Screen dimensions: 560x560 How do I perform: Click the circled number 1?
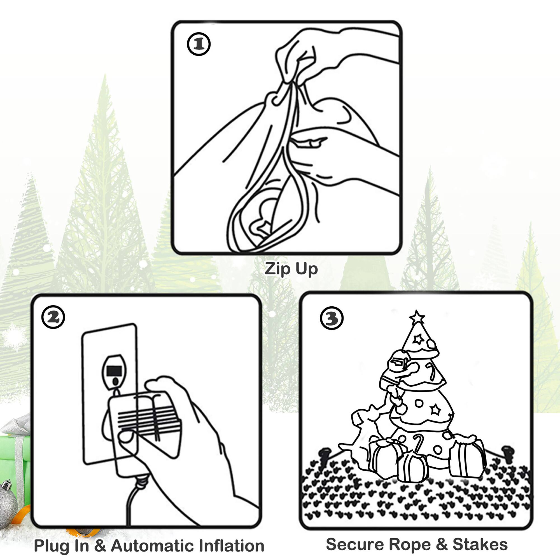pyautogui.click(x=199, y=44)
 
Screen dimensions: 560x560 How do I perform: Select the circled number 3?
pyautogui.click(x=332, y=318)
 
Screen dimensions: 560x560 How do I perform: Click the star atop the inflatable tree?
pyautogui.click(x=417, y=317)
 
